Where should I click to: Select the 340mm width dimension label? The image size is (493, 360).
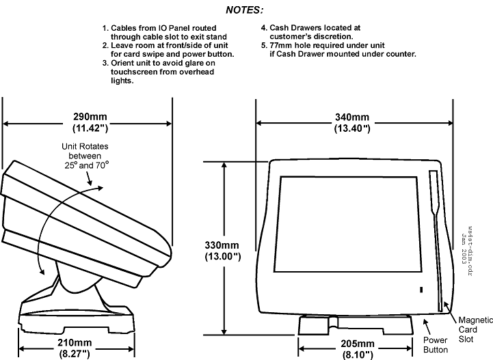pyautogui.click(x=352, y=117)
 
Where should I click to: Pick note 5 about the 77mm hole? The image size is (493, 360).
pyautogui.click(x=338, y=50)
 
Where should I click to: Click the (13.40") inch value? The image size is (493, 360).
pyautogui.click(x=352, y=128)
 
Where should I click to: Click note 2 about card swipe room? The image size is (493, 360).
pyautogui.click(x=168, y=50)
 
